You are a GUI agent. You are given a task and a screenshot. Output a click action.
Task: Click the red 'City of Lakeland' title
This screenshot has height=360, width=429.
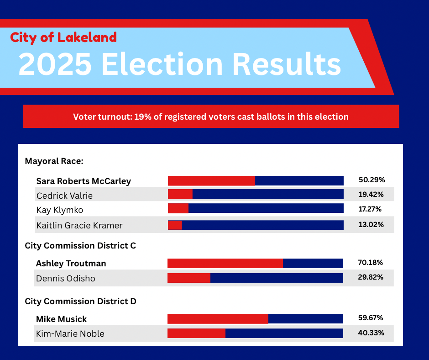pos(63,37)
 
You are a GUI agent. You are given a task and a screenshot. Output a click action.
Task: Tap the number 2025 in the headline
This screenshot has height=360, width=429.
pos(55,64)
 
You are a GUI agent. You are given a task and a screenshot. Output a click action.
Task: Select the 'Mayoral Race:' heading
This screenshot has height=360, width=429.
pos(54,161)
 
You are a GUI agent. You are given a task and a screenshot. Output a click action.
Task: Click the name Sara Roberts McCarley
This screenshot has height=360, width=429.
pos(84,181)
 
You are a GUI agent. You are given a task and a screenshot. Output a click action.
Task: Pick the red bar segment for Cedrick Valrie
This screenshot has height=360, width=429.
pos(180,194)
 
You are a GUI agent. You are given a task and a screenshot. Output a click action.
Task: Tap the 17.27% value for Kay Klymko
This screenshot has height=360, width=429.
pos(370,209)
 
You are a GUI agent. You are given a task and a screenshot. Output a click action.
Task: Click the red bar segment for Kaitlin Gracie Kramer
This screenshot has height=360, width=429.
pos(175,225)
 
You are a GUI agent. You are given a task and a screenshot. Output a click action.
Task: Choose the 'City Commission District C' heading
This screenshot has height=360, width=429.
pos(80,245)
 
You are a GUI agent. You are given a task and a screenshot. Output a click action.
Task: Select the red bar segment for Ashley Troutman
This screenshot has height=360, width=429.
pos(225,263)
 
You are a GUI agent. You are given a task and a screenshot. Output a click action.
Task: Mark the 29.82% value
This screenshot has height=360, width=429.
pos(371,277)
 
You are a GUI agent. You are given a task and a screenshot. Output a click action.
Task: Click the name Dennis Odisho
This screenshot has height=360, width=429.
pos(66,278)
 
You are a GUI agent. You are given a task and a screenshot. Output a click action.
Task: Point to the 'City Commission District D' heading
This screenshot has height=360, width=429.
pos(80,302)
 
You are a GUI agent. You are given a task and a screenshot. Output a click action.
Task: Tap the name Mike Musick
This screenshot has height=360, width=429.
pos(61,319)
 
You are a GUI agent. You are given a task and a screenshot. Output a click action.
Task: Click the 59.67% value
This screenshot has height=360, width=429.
pos(371,318)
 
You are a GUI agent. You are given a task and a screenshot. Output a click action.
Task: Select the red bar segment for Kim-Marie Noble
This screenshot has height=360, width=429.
pos(196,333)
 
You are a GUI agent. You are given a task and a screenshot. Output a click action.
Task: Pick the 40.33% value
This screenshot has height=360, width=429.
pos(371,333)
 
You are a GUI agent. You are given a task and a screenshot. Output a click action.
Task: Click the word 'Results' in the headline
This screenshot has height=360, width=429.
pos(287,64)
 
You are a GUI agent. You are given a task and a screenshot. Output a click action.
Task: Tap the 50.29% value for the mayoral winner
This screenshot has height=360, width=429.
pos(372,180)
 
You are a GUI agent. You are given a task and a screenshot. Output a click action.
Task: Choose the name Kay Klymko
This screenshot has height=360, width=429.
pos(60,210)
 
